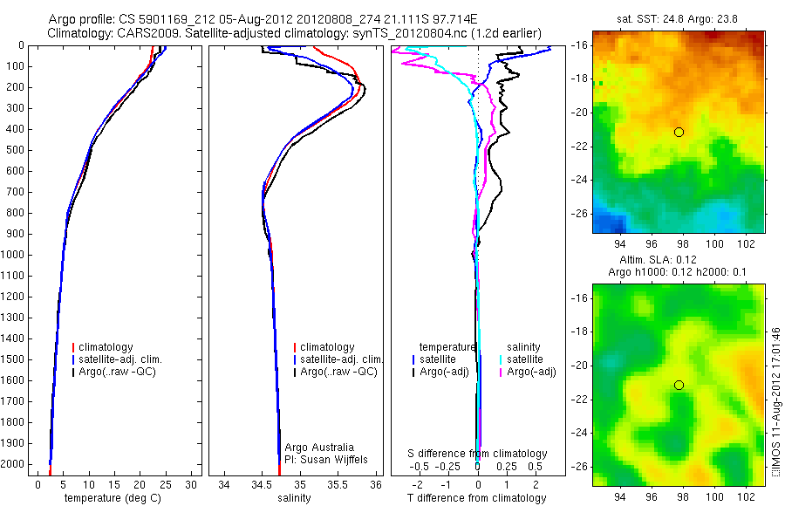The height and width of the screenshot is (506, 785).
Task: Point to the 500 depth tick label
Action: [15, 150]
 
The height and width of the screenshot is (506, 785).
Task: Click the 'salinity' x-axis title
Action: [294, 498]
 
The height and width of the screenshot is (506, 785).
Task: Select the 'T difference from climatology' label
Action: [477, 498]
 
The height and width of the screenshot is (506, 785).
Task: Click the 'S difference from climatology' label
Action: [478, 454]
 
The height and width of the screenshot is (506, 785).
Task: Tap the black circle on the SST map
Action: [679, 132]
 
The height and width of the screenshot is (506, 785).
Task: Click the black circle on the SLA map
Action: [679, 385]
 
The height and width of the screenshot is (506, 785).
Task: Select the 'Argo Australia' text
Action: [319, 448]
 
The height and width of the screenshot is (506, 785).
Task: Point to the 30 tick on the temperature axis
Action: [192, 484]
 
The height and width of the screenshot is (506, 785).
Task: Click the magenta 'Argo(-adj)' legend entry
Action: [531, 372]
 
